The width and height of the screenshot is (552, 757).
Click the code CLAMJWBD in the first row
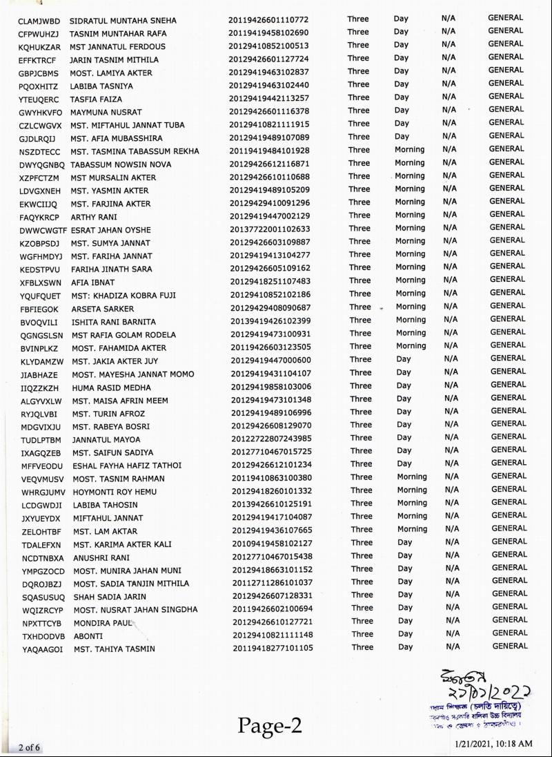point(39,20)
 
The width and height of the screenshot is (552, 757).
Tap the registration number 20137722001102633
point(270,229)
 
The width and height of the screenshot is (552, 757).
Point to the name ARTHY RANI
point(94,217)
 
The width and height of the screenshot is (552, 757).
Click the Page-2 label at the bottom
point(270,725)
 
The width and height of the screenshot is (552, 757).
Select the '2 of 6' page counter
point(30,747)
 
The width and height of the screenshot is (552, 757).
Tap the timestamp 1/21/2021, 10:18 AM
point(494,743)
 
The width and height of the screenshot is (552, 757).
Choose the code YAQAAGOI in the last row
point(42,649)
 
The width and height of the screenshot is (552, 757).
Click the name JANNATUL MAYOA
point(106,439)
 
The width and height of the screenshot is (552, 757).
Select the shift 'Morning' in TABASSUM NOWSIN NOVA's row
point(409,163)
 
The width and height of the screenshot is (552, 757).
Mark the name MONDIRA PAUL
point(102,623)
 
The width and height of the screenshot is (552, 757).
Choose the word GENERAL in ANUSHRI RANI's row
point(509,555)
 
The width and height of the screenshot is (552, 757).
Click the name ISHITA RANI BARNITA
point(113,322)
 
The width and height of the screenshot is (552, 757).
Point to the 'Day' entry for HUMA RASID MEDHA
point(404,385)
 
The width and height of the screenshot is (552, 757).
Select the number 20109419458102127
point(272,543)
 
